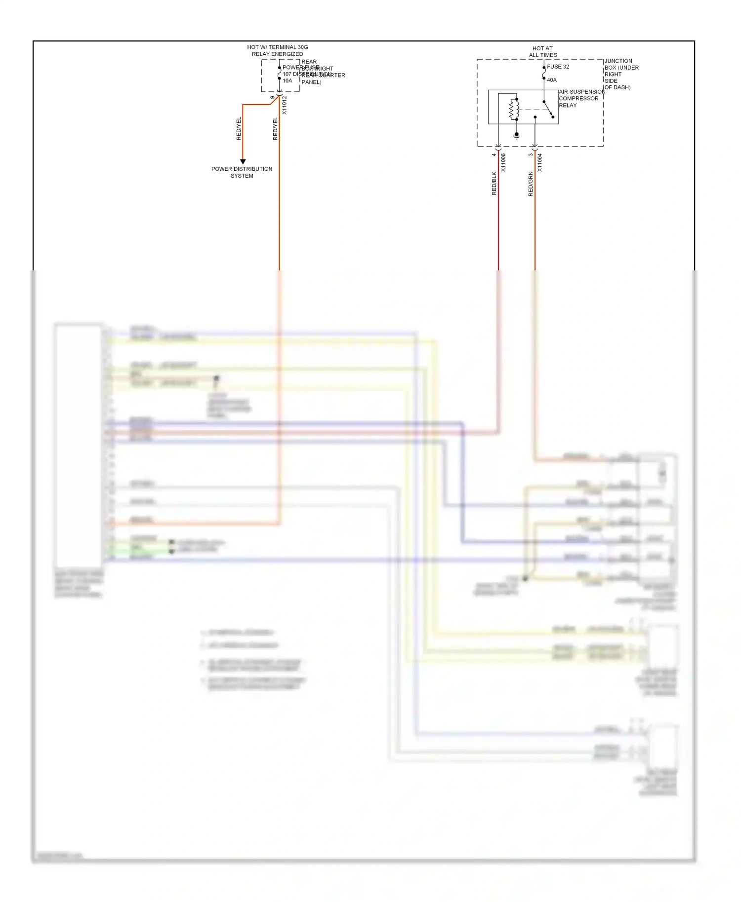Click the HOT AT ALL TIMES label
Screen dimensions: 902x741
[x=543, y=52]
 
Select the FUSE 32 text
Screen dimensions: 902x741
[x=558, y=67]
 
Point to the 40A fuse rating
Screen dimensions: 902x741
[x=552, y=80]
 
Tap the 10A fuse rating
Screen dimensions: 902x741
[x=288, y=81]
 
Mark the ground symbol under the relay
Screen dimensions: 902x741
[x=517, y=135]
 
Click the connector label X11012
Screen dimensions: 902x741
[x=285, y=105]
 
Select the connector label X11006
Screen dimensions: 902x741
[x=503, y=162]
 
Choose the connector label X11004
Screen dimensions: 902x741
[x=540, y=162]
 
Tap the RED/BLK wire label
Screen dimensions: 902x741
[x=494, y=184]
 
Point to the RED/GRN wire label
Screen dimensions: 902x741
[x=531, y=184]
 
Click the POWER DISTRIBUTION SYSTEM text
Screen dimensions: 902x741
[x=242, y=172]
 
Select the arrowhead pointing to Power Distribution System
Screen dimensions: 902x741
[x=243, y=161]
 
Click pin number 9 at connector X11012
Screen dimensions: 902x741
[x=273, y=98]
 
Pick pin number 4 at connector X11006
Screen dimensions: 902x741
[x=494, y=155]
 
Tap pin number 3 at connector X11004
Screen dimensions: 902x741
[x=531, y=155]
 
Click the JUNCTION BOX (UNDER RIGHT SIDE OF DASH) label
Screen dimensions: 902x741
[x=620, y=74]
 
